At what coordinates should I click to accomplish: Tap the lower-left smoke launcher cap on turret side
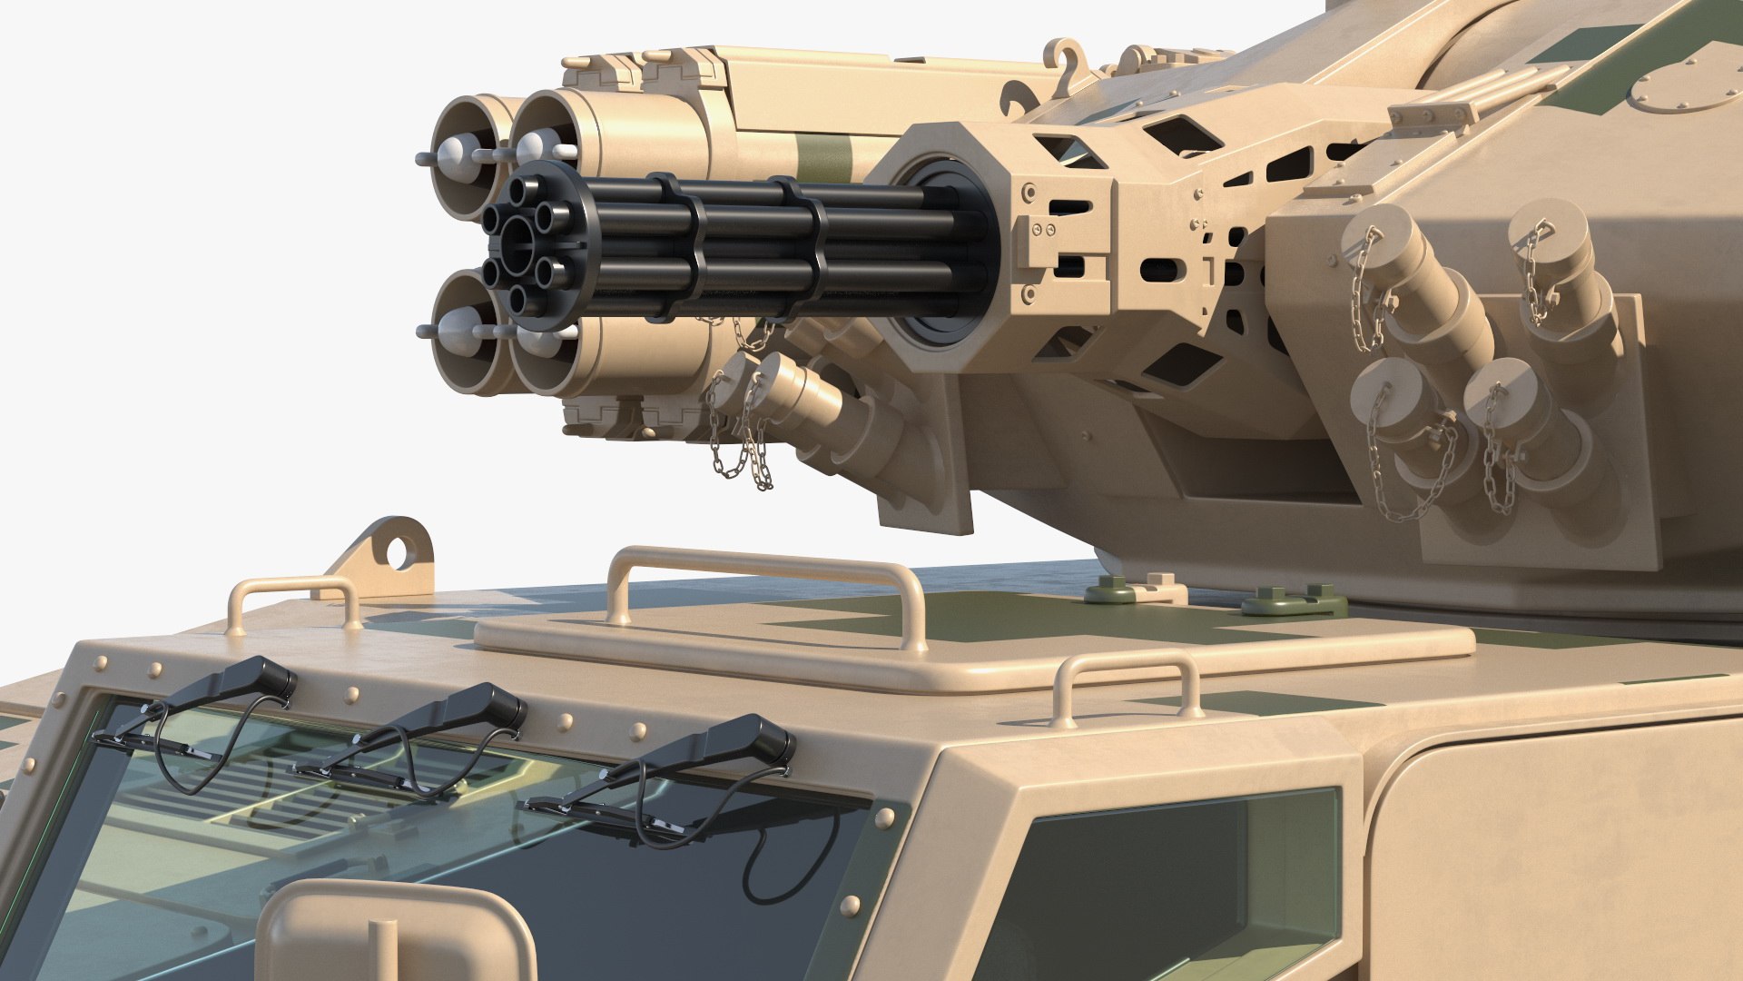pos(1385,391)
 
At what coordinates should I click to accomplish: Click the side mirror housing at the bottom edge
pos(395,936)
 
